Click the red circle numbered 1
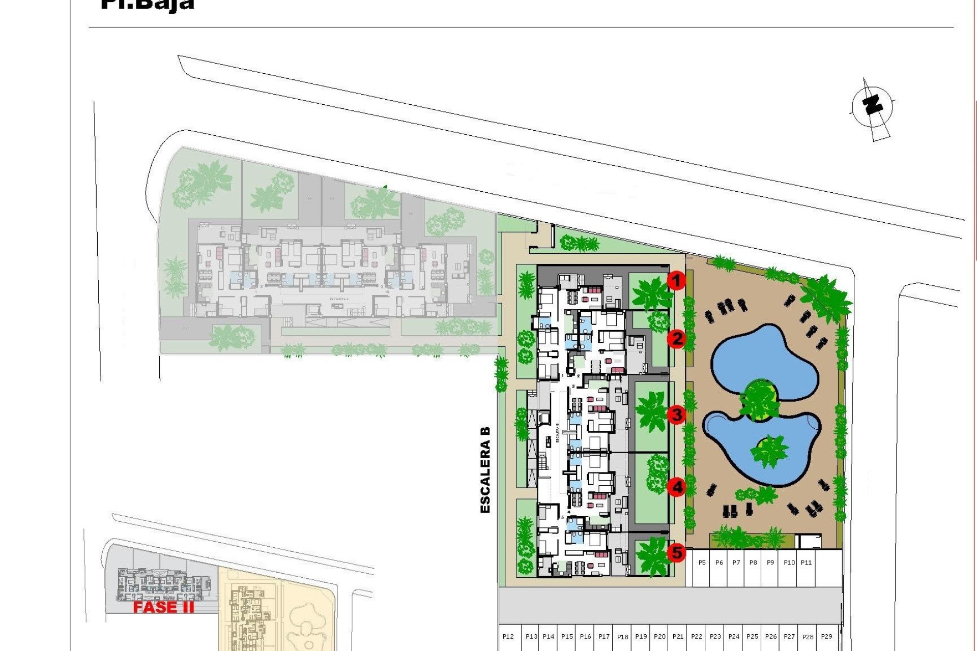pos(676,280)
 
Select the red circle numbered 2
pos(677,338)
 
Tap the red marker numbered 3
pos(676,415)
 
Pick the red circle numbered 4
pos(677,487)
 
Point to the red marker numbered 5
pos(677,552)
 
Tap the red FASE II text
pos(163,607)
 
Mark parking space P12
pos(508,637)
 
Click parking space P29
pos(826,637)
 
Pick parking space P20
pos(659,637)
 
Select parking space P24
pos(734,637)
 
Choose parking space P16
pos(585,637)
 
